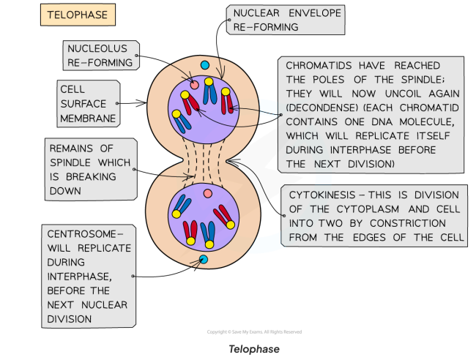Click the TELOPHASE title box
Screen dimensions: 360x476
coord(77,15)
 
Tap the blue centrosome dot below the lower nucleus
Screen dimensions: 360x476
coord(204,260)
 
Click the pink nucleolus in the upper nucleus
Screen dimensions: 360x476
coord(194,86)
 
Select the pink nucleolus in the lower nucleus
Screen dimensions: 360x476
coord(207,193)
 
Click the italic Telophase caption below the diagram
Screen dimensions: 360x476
coord(254,349)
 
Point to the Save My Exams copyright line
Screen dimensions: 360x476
coord(254,332)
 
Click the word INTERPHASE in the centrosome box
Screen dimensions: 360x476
coord(79,277)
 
